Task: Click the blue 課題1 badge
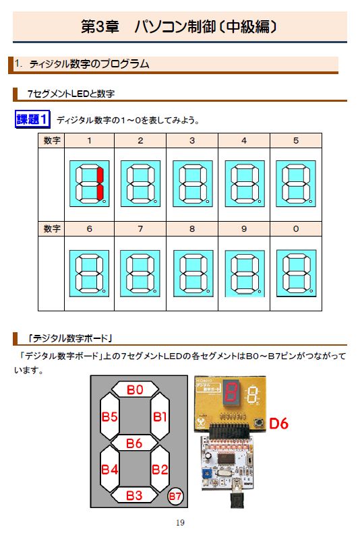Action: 32,119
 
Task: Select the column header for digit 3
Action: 192,140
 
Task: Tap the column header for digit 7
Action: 140,229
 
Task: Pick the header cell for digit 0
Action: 296,229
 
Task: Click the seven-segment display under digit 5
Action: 296,183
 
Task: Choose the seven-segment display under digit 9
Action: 245,274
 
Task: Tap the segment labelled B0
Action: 135,389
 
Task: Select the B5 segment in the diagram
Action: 109,416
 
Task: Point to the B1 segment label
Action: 160,416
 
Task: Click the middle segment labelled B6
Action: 134,443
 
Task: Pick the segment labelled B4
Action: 109,470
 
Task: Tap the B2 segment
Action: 160,470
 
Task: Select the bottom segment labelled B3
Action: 134,495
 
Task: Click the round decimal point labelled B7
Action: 175,497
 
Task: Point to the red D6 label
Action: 278,424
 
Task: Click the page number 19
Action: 180,522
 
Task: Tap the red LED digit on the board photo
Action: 231,392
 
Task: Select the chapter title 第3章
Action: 99,26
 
